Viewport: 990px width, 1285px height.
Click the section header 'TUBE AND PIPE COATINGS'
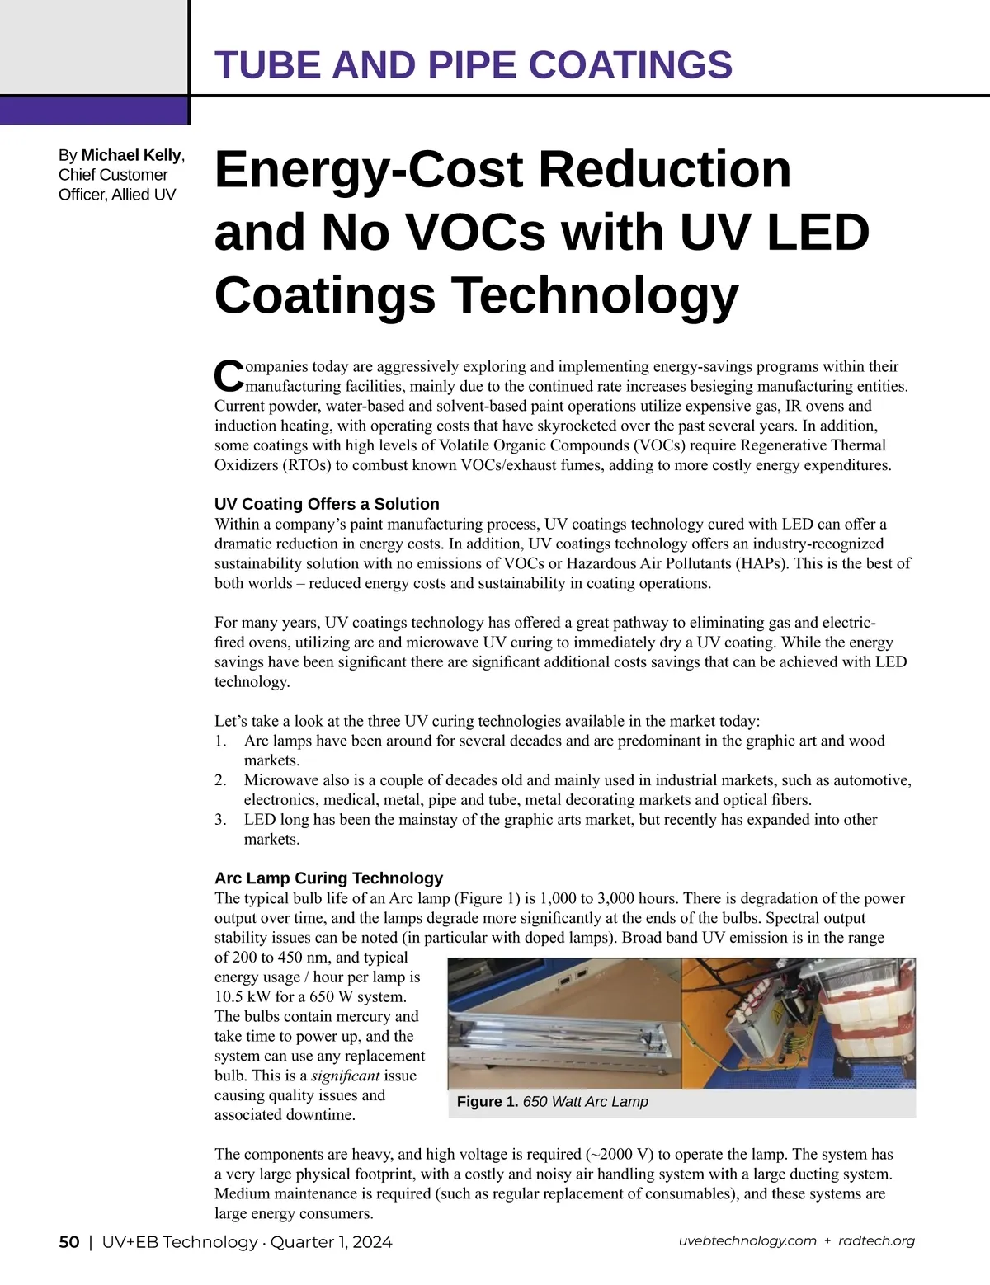[473, 64]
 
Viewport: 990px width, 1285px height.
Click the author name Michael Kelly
[131, 155]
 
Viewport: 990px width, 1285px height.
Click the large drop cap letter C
[229, 376]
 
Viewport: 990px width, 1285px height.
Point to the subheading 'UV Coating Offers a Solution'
[327, 504]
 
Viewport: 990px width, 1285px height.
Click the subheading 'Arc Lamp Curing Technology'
[328, 878]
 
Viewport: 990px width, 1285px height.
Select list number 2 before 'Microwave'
[220, 780]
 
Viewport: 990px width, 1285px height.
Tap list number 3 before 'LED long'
[220, 820]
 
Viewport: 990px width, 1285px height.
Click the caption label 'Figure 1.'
[487, 1102]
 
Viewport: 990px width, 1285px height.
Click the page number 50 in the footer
[69, 1242]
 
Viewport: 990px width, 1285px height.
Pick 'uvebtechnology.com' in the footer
[747, 1241]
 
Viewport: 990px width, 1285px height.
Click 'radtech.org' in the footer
[876, 1241]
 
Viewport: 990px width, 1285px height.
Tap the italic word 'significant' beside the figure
[345, 1076]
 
